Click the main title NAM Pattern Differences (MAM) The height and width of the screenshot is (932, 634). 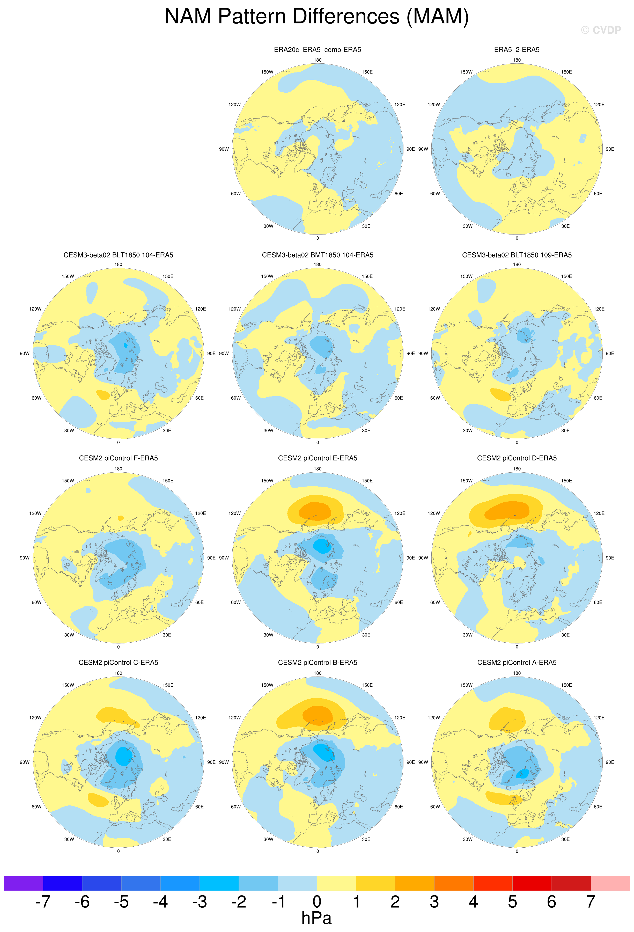pyautogui.click(x=316, y=17)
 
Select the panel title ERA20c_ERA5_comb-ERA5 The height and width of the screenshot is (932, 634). pyautogui.click(x=317, y=50)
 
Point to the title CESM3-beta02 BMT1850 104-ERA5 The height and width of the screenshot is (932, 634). pyautogui.click(x=317, y=255)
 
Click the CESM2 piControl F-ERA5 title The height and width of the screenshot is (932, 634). pyautogui.click(x=118, y=458)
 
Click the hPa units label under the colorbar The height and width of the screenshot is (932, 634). pyautogui.click(x=316, y=918)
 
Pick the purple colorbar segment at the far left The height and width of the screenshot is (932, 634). pyautogui.click(x=23, y=884)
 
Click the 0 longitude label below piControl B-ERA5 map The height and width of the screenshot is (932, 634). pyautogui.click(x=318, y=852)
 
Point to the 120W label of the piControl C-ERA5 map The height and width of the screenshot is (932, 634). pyautogui.click(x=35, y=718)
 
